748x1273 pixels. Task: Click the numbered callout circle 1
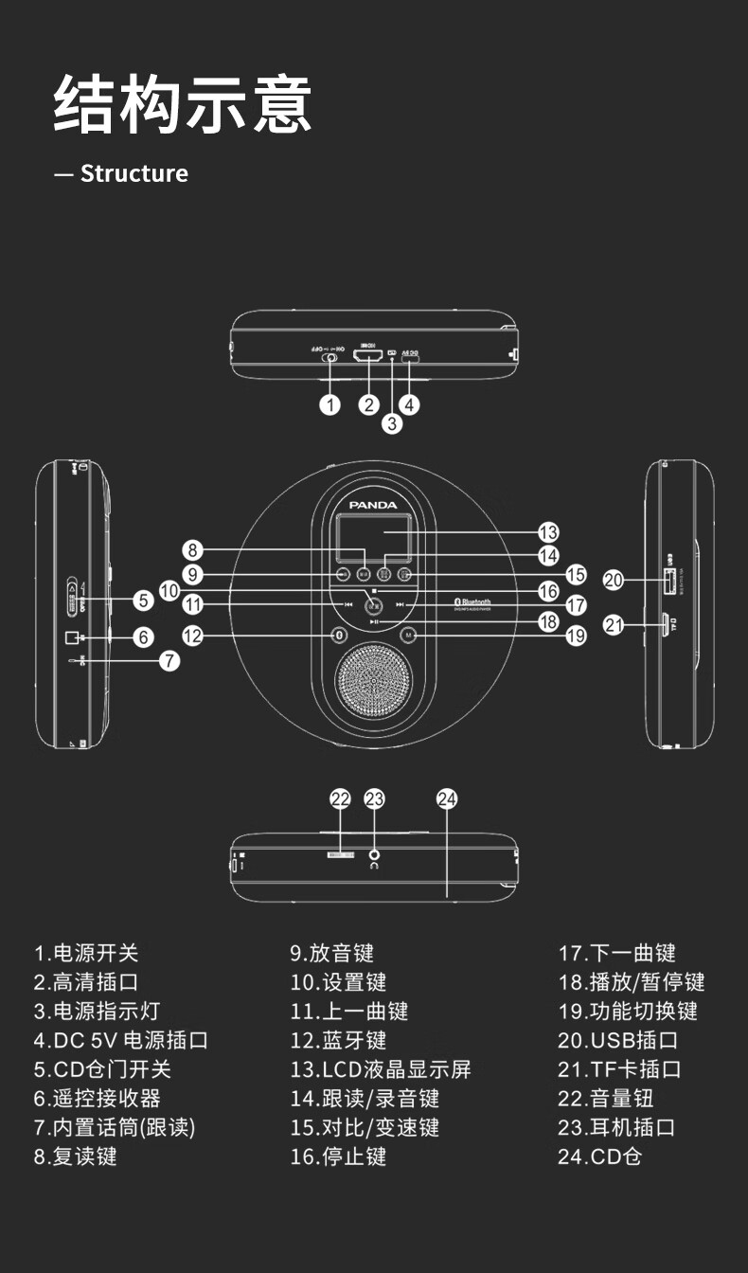(x=329, y=404)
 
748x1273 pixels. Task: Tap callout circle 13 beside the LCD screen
(x=548, y=532)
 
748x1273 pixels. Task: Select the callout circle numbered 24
(x=448, y=798)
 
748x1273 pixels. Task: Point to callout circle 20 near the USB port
(x=614, y=580)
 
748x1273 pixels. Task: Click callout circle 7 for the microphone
(x=169, y=660)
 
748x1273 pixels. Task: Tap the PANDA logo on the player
(x=374, y=505)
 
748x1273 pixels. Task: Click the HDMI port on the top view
(x=367, y=356)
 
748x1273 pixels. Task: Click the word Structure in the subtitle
(x=134, y=173)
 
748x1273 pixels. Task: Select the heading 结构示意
(x=182, y=105)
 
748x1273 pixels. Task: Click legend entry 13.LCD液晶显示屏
(x=381, y=1069)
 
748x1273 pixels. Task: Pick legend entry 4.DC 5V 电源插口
(x=121, y=1040)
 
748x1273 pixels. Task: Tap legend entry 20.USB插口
(x=618, y=1040)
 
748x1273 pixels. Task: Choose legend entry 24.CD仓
(x=599, y=1156)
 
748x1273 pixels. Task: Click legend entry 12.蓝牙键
(x=338, y=1040)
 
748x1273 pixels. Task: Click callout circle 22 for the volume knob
(x=340, y=798)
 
